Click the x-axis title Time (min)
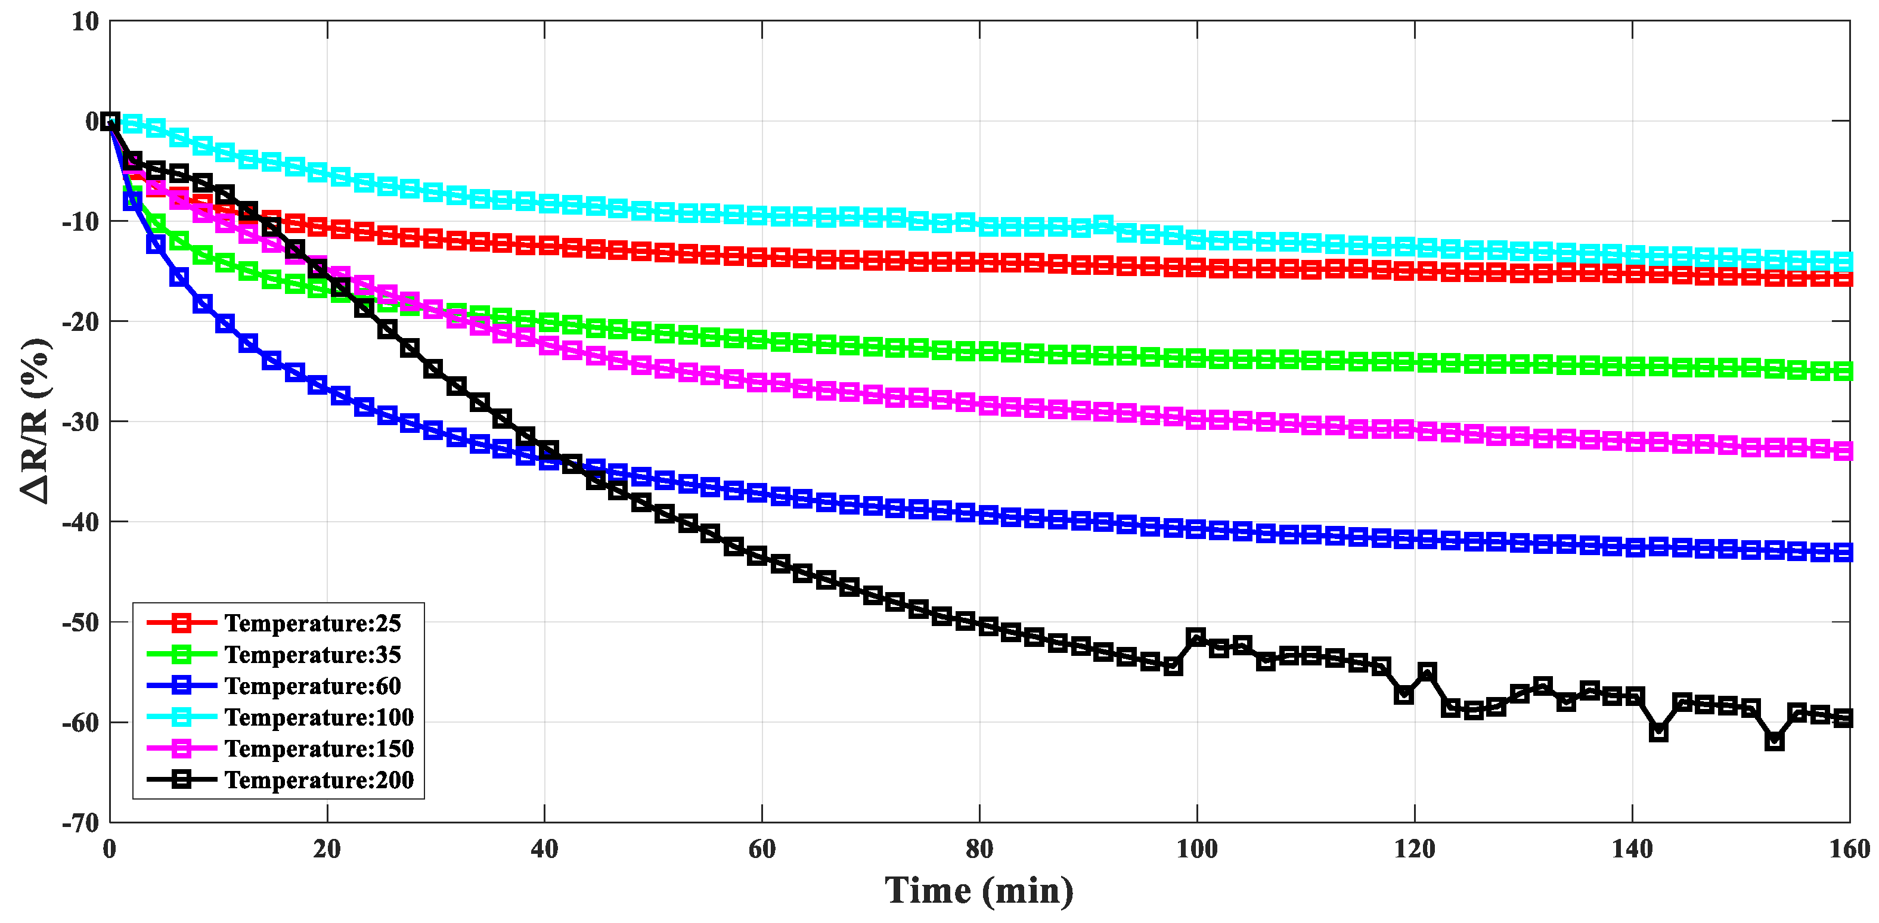click(x=979, y=891)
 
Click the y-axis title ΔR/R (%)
click(x=35, y=421)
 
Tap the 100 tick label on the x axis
click(x=1196, y=849)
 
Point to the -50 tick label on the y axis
click(x=80, y=622)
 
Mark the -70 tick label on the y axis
click(x=80, y=823)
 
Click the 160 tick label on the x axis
click(x=1850, y=849)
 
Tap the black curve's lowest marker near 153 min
click(x=1774, y=741)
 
